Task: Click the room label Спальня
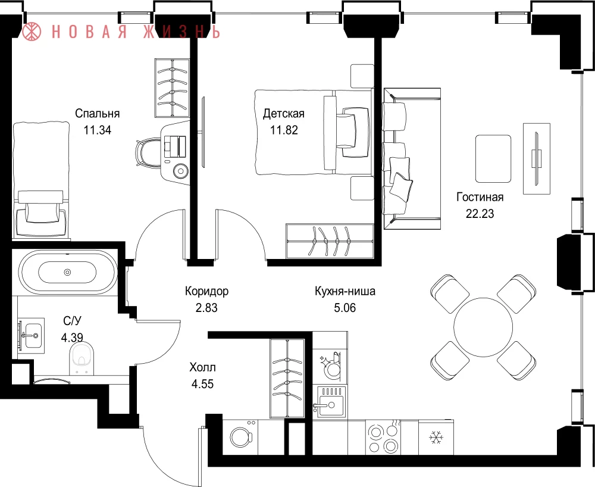point(97,114)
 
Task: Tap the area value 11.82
point(284,130)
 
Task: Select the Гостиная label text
point(480,197)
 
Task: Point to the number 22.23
point(480,214)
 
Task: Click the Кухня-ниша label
point(345,291)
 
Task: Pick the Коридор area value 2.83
point(206,307)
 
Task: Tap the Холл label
point(203,367)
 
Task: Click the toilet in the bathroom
point(82,358)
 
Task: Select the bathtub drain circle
point(68,271)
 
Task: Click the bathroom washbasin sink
point(31,336)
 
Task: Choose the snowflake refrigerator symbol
point(436,438)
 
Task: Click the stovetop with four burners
point(383,437)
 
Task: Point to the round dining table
point(483,326)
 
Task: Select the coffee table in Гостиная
point(493,159)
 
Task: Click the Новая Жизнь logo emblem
point(32,31)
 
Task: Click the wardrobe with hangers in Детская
point(330,241)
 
